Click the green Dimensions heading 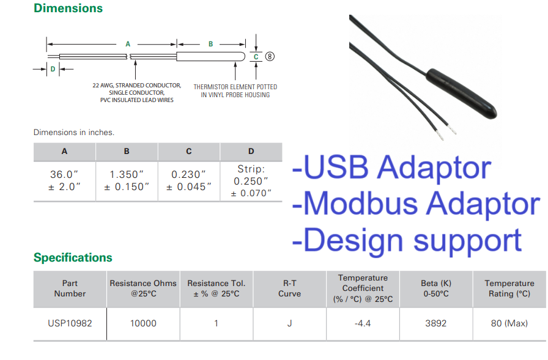point(68,8)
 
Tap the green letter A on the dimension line point(128,44)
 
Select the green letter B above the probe point(211,44)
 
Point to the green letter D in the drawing point(53,69)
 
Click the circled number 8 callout point(270,56)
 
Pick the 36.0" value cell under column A point(64,180)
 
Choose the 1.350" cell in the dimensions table point(127,180)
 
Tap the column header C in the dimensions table point(189,151)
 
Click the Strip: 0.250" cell point(251,181)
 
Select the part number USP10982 point(70,323)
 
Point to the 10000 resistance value point(143,323)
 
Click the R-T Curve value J point(289,323)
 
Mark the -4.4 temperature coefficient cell point(363,323)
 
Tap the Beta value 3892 point(436,323)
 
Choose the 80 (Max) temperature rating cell point(509,323)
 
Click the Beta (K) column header point(436,288)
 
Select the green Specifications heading point(73,257)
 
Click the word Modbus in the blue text point(360,204)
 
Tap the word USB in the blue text point(336,167)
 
